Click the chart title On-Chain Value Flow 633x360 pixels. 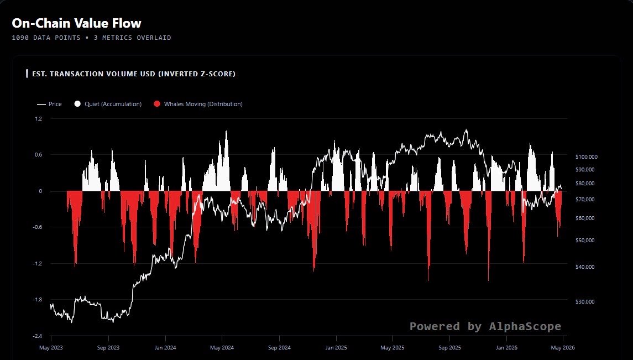(x=76, y=23)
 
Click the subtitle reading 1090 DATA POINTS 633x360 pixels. (x=46, y=38)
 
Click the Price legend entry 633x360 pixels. (x=49, y=104)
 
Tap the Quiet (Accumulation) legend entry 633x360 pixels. (x=108, y=104)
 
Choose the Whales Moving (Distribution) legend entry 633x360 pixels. (x=198, y=104)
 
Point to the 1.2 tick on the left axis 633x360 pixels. (x=38, y=119)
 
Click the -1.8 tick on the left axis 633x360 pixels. (x=37, y=300)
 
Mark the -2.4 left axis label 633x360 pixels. (x=37, y=336)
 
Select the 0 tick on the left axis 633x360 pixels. (x=40, y=191)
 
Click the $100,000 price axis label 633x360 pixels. (x=587, y=156)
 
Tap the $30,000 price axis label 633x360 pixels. (x=585, y=301)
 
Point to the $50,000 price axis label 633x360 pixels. (x=585, y=240)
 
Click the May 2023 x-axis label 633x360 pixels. (x=51, y=347)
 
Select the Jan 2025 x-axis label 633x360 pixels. (x=336, y=347)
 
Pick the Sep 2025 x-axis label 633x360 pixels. (x=449, y=347)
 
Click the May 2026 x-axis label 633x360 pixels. (x=563, y=347)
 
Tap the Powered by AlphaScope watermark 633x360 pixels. (x=485, y=326)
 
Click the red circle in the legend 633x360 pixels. (x=157, y=104)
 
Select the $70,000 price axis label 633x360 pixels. (x=585, y=200)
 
